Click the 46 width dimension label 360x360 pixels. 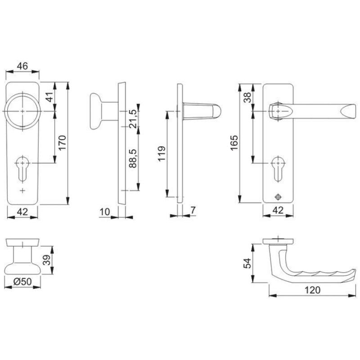point(22,66)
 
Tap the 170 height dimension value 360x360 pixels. point(63,143)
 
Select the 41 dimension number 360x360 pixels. point(49,97)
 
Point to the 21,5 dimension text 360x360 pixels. point(133,119)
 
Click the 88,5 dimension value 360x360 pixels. point(133,158)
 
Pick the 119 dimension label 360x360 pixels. point(162,153)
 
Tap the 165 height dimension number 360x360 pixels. point(234,143)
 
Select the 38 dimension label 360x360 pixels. point(247,97)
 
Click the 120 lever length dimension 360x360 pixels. point(312,290)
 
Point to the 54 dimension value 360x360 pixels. point(247,263)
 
